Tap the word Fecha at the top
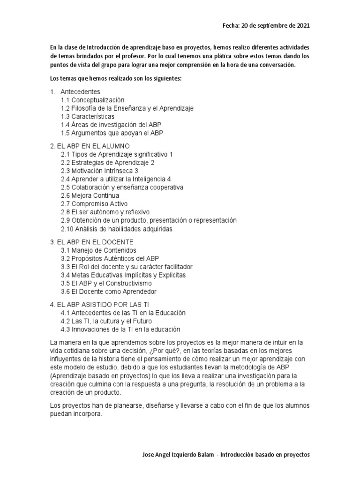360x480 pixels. [x=231, y=26]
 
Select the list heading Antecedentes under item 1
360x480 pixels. [x=80, y=91]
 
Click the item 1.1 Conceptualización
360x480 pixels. [x=93, y=100]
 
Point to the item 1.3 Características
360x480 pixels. [x=88, y=116]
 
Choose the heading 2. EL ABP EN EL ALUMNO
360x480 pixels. [x=90, y=146]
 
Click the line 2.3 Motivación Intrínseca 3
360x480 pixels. [x=99, y=171]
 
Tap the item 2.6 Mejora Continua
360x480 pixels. [x=90, y=195]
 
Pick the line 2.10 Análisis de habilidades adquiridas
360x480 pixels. [x=117, y=229]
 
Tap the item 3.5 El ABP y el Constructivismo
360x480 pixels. [x=106, y=283]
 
